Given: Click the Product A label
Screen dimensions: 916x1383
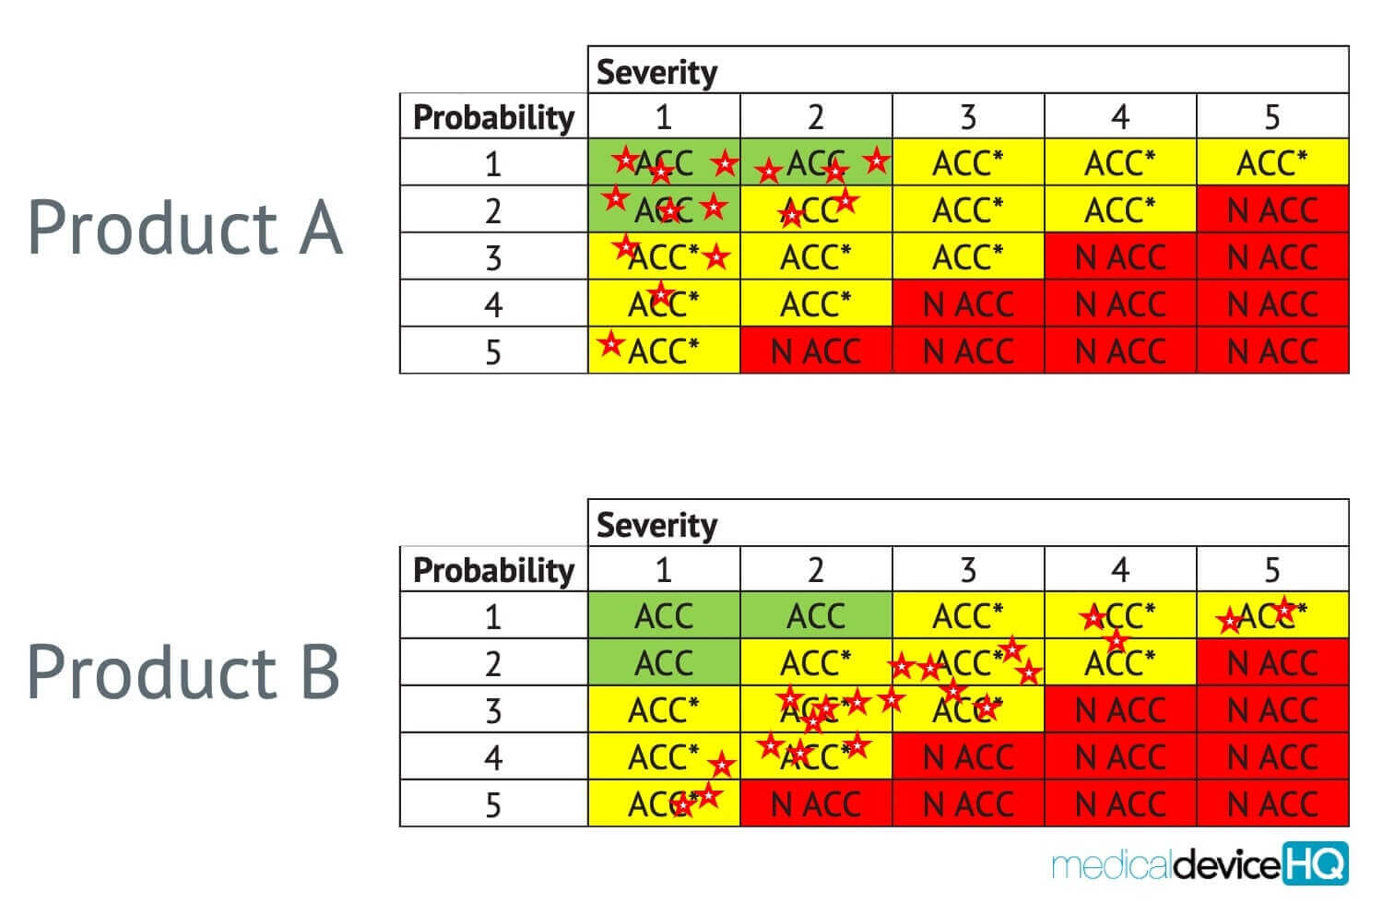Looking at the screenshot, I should click(184, 228).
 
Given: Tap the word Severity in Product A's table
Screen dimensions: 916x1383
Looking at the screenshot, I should click(656, 72).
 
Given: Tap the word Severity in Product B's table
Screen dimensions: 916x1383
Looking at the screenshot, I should click(656, 525).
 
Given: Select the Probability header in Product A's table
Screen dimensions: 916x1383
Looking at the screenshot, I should click(493, 117).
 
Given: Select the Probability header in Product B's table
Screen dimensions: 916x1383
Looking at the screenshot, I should click(493, 570).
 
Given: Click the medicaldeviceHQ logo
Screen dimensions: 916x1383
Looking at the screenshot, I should click(1200, 864).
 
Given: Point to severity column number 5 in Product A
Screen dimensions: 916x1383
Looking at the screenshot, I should click(1272, 117).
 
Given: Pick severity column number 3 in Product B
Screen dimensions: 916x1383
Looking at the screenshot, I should click(968, 570).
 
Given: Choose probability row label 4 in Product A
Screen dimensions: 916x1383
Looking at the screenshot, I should click(493, 304).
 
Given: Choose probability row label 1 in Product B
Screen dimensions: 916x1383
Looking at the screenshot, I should click(493, 616).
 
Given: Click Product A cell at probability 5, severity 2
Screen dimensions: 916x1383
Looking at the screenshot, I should click(816, 351).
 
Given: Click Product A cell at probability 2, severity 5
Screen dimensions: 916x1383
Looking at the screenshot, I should click(1272, 210).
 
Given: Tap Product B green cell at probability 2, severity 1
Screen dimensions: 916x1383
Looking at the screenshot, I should click(664, 663).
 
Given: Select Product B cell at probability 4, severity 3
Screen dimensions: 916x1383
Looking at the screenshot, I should click(968, 757).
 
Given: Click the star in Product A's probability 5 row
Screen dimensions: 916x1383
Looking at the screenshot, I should click(610, 344).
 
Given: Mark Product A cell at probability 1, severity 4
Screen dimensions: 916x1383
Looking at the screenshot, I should click(1120, 163).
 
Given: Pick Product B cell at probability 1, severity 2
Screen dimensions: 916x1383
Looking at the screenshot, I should click(816, 616).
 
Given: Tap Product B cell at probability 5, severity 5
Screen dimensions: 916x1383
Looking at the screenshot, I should click(1272, 804).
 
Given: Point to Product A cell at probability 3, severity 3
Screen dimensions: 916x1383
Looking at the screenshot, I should click(968, 257).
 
